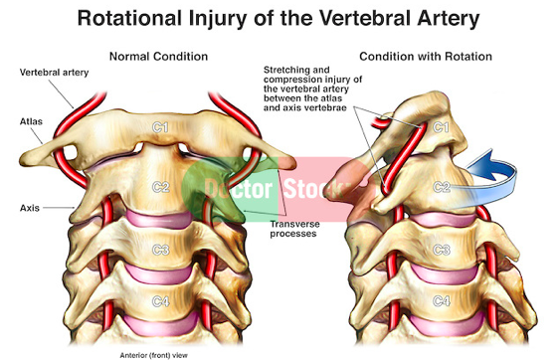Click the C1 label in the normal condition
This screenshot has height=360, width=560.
(x=160, y=127)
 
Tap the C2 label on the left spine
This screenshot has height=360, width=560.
(x=160, y=187)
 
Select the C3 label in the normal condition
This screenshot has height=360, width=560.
(x=160, y=250)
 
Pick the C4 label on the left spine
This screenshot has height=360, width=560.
(x=160, y=301)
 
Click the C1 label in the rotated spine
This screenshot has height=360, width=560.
(x=441, y=127)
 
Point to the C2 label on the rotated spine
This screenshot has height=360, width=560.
(x=441, y=187)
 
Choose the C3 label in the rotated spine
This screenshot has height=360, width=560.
(x=441, y=250)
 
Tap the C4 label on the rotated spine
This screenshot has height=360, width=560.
(x=441, y=301)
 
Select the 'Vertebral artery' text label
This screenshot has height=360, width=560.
(x=54, y=73)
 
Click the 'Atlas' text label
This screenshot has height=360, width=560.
(x=31, y=121)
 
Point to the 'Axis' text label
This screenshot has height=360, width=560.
(x=30, y=208)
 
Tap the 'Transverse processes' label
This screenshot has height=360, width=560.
(x=294, y=229)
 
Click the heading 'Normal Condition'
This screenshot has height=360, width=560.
(x=158, y=57)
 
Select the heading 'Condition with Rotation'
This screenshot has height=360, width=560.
(x=426, y=57)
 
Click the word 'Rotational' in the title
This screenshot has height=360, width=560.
(x=129, y=18)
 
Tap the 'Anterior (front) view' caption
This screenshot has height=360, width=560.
(x=153, y=355)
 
